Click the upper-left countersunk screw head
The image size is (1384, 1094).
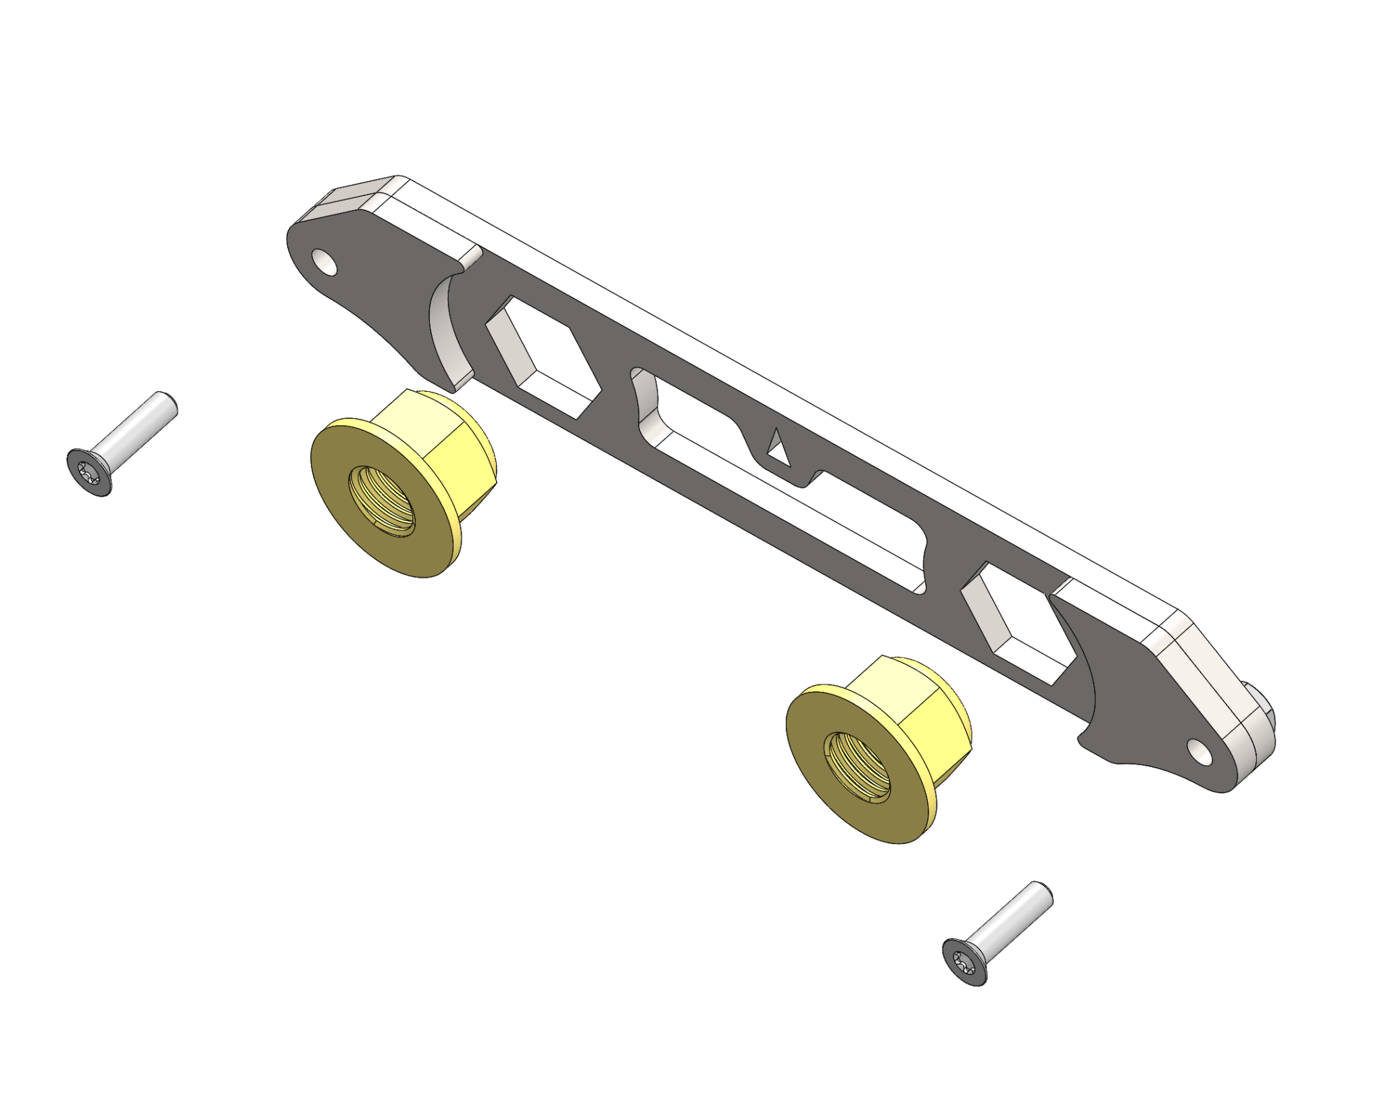[x=89, y=472]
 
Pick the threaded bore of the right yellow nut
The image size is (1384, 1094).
[x=858, y=767]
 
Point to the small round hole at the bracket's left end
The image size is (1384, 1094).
[x=324, y=262]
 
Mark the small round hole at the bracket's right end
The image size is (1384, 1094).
[x=1200, y=751]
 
